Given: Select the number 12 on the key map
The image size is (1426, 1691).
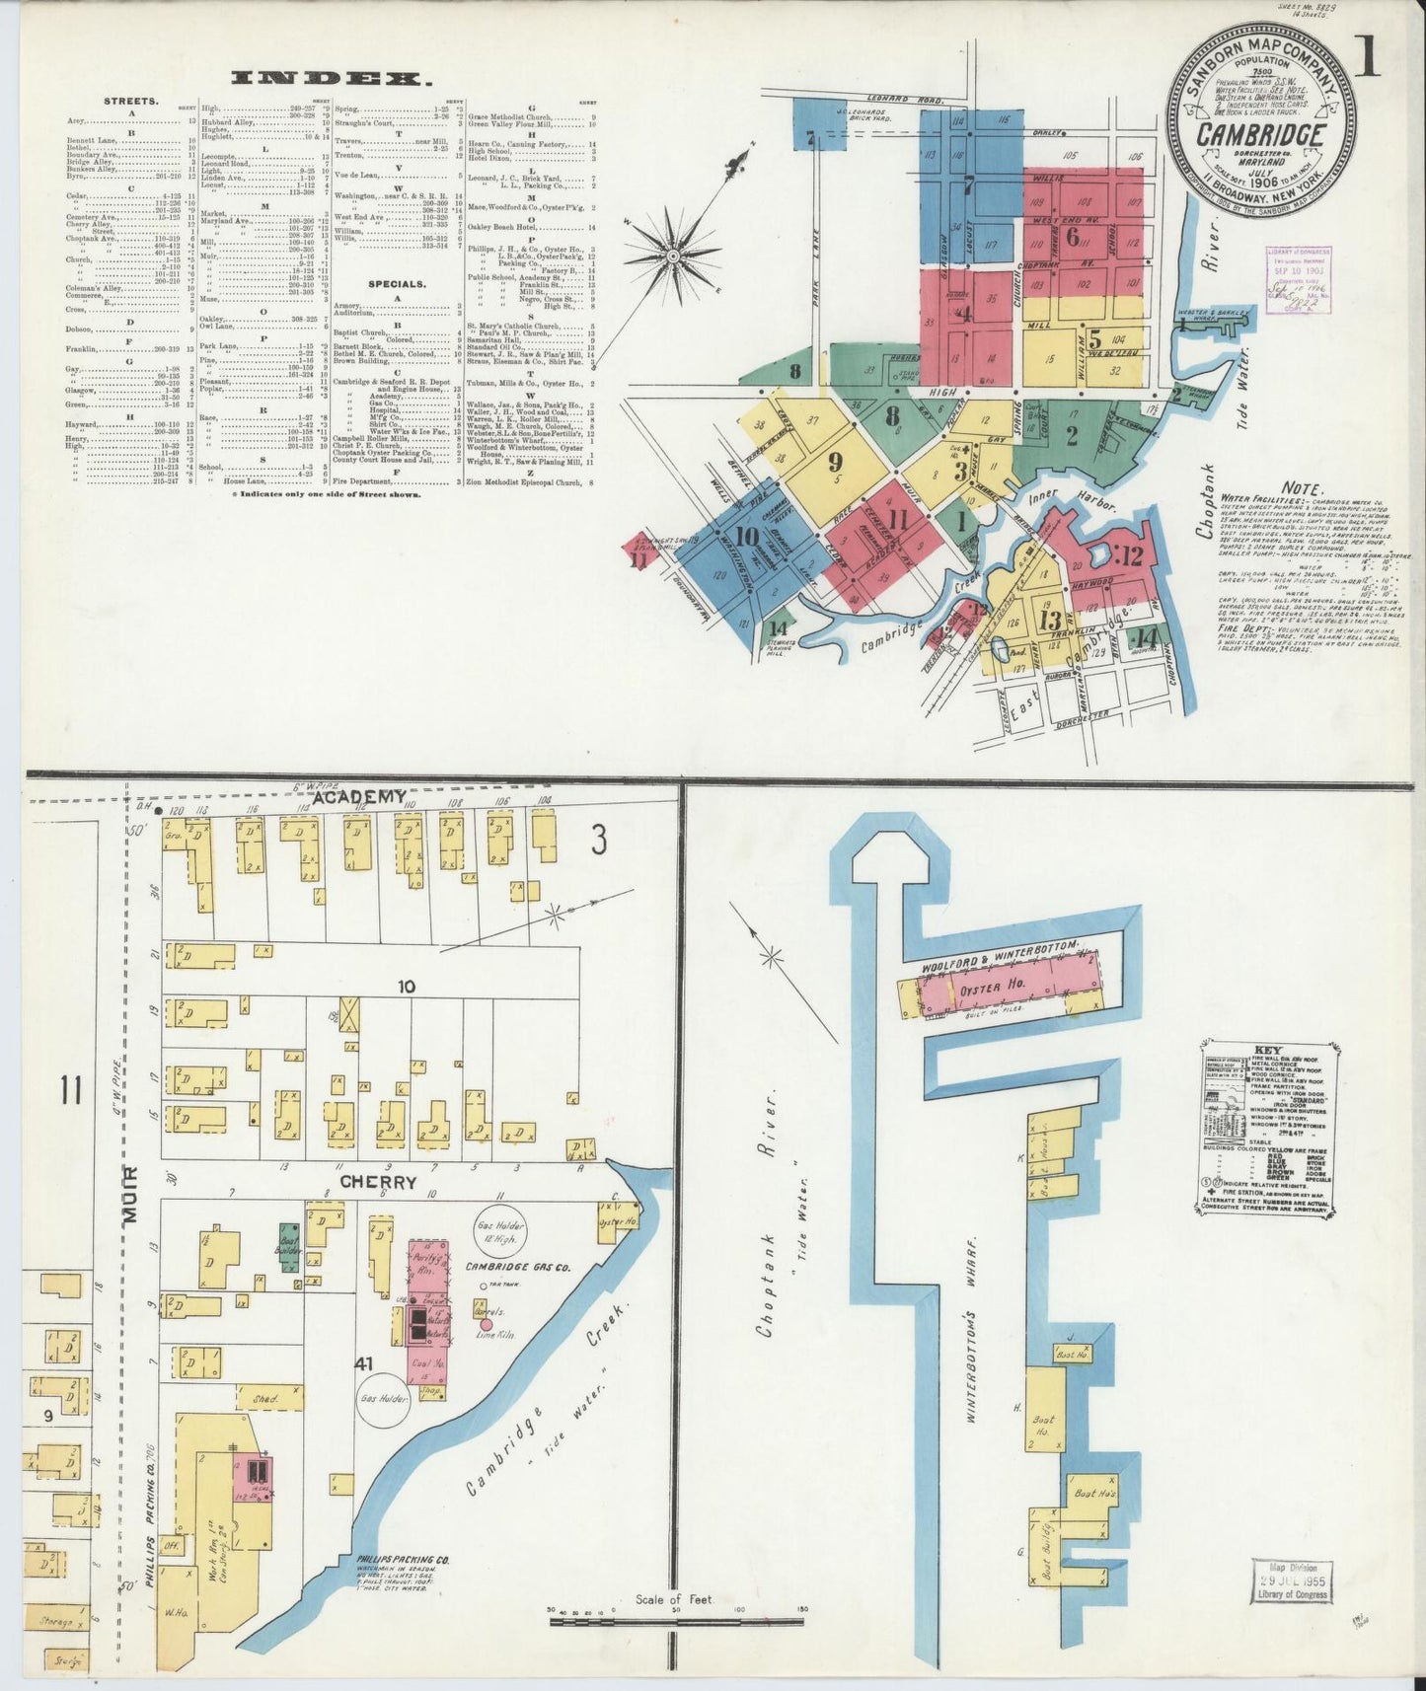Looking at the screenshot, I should coord(1131,556).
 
